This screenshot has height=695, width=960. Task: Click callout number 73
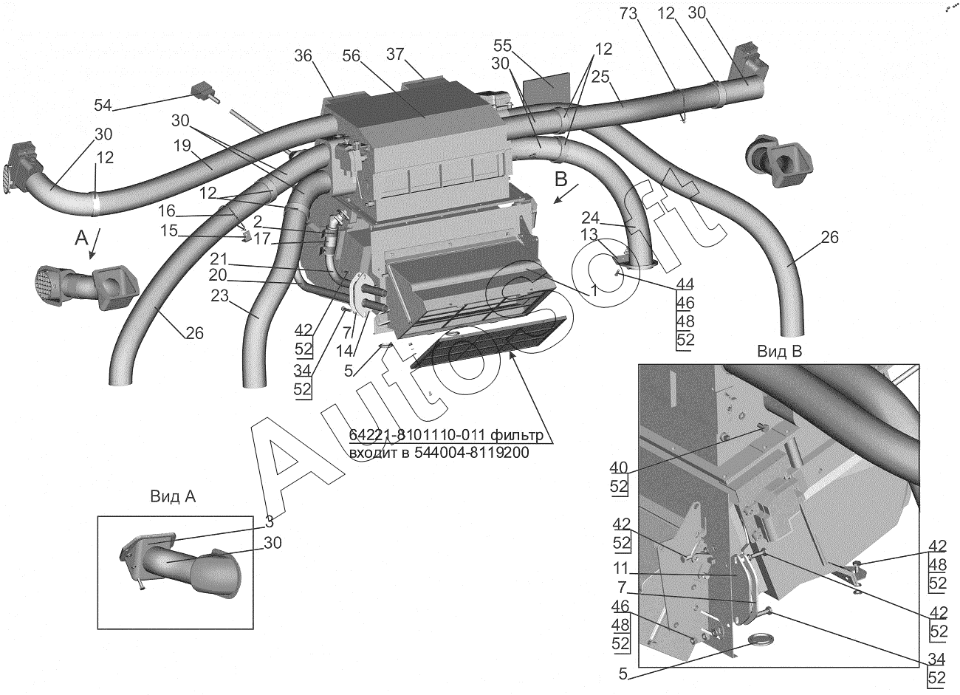628,15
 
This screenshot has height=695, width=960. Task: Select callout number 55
503,46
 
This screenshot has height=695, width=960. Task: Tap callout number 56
352,55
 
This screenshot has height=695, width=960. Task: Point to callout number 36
304,55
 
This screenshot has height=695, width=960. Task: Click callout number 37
396,54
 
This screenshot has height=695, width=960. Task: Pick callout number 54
103,105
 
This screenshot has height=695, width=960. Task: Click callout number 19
182,145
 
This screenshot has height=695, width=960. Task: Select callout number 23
220,296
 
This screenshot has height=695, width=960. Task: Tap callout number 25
600,77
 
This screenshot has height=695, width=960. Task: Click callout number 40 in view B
618,468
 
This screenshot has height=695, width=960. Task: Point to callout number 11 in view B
620,569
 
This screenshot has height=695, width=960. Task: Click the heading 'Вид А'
173,496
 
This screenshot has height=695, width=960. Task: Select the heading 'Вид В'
780,352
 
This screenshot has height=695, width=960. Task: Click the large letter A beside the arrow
81,238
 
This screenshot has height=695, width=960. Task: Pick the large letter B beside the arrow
561,179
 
